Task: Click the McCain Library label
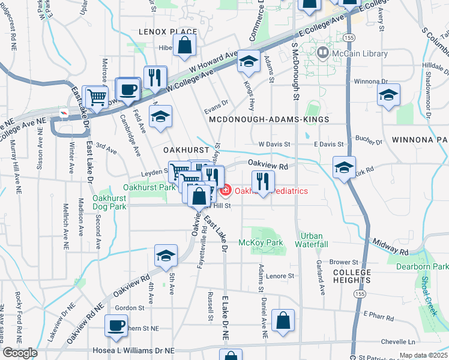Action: point(359,54)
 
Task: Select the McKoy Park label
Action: point(261,242)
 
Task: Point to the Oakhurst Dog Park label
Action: point(110,203)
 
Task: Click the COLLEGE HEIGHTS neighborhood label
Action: point(353,277)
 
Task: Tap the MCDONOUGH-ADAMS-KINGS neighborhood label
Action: point(269,120)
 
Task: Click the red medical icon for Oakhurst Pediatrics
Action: point(226,191)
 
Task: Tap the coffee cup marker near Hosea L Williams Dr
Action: point(116,327)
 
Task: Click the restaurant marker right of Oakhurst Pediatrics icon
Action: point(262,181)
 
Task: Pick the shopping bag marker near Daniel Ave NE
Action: point(283,321)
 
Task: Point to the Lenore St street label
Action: point(282,276)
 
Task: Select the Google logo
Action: point(19,353)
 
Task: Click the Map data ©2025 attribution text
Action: point(423,356)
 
